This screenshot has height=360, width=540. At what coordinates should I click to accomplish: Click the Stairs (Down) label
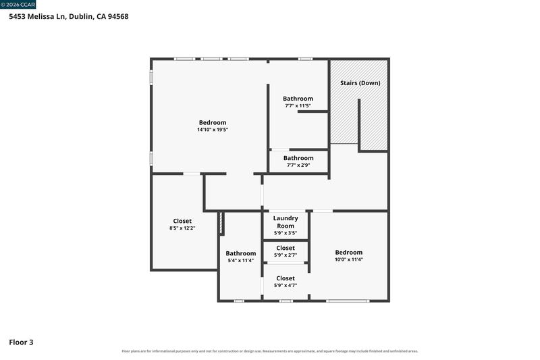(x=360, y=83)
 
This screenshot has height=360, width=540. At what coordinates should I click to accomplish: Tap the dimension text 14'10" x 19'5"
(x=213, y=130)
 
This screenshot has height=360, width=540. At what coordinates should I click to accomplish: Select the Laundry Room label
(x=286, y=222)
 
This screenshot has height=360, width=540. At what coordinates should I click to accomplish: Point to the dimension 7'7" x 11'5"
(x=298, y=106)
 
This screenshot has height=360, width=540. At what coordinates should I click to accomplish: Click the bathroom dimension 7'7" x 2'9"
(x=298, y=165)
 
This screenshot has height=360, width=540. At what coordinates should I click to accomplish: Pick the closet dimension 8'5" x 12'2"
(x=182, y=228)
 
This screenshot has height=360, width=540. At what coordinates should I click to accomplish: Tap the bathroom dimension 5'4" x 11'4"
(x=241, y=261)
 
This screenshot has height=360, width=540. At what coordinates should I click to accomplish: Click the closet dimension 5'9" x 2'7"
(x=286, y=255)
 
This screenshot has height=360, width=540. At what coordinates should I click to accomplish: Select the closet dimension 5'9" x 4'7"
(x=286, y=285)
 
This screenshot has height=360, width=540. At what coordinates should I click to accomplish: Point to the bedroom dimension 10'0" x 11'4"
(x=349, y=259)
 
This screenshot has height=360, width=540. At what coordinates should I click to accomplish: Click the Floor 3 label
(x=21, y=342)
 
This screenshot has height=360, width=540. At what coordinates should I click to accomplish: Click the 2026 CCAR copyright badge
(x=18, y=5)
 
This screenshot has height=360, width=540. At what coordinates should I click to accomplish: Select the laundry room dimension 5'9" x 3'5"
(x=286, y=233)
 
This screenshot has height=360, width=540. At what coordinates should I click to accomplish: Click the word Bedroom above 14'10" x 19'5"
(x=213, y=123)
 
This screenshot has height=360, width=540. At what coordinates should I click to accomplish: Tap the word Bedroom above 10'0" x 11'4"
(x=349, y=253)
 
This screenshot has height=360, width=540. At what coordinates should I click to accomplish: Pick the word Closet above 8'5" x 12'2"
(x=182, y=221)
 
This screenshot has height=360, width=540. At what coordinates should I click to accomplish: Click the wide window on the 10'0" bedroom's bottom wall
(x=348, y=301)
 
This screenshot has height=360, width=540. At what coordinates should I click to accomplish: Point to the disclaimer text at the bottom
(x=269, y=351)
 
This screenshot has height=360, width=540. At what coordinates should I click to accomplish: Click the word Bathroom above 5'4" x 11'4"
(x=241, y=253)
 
